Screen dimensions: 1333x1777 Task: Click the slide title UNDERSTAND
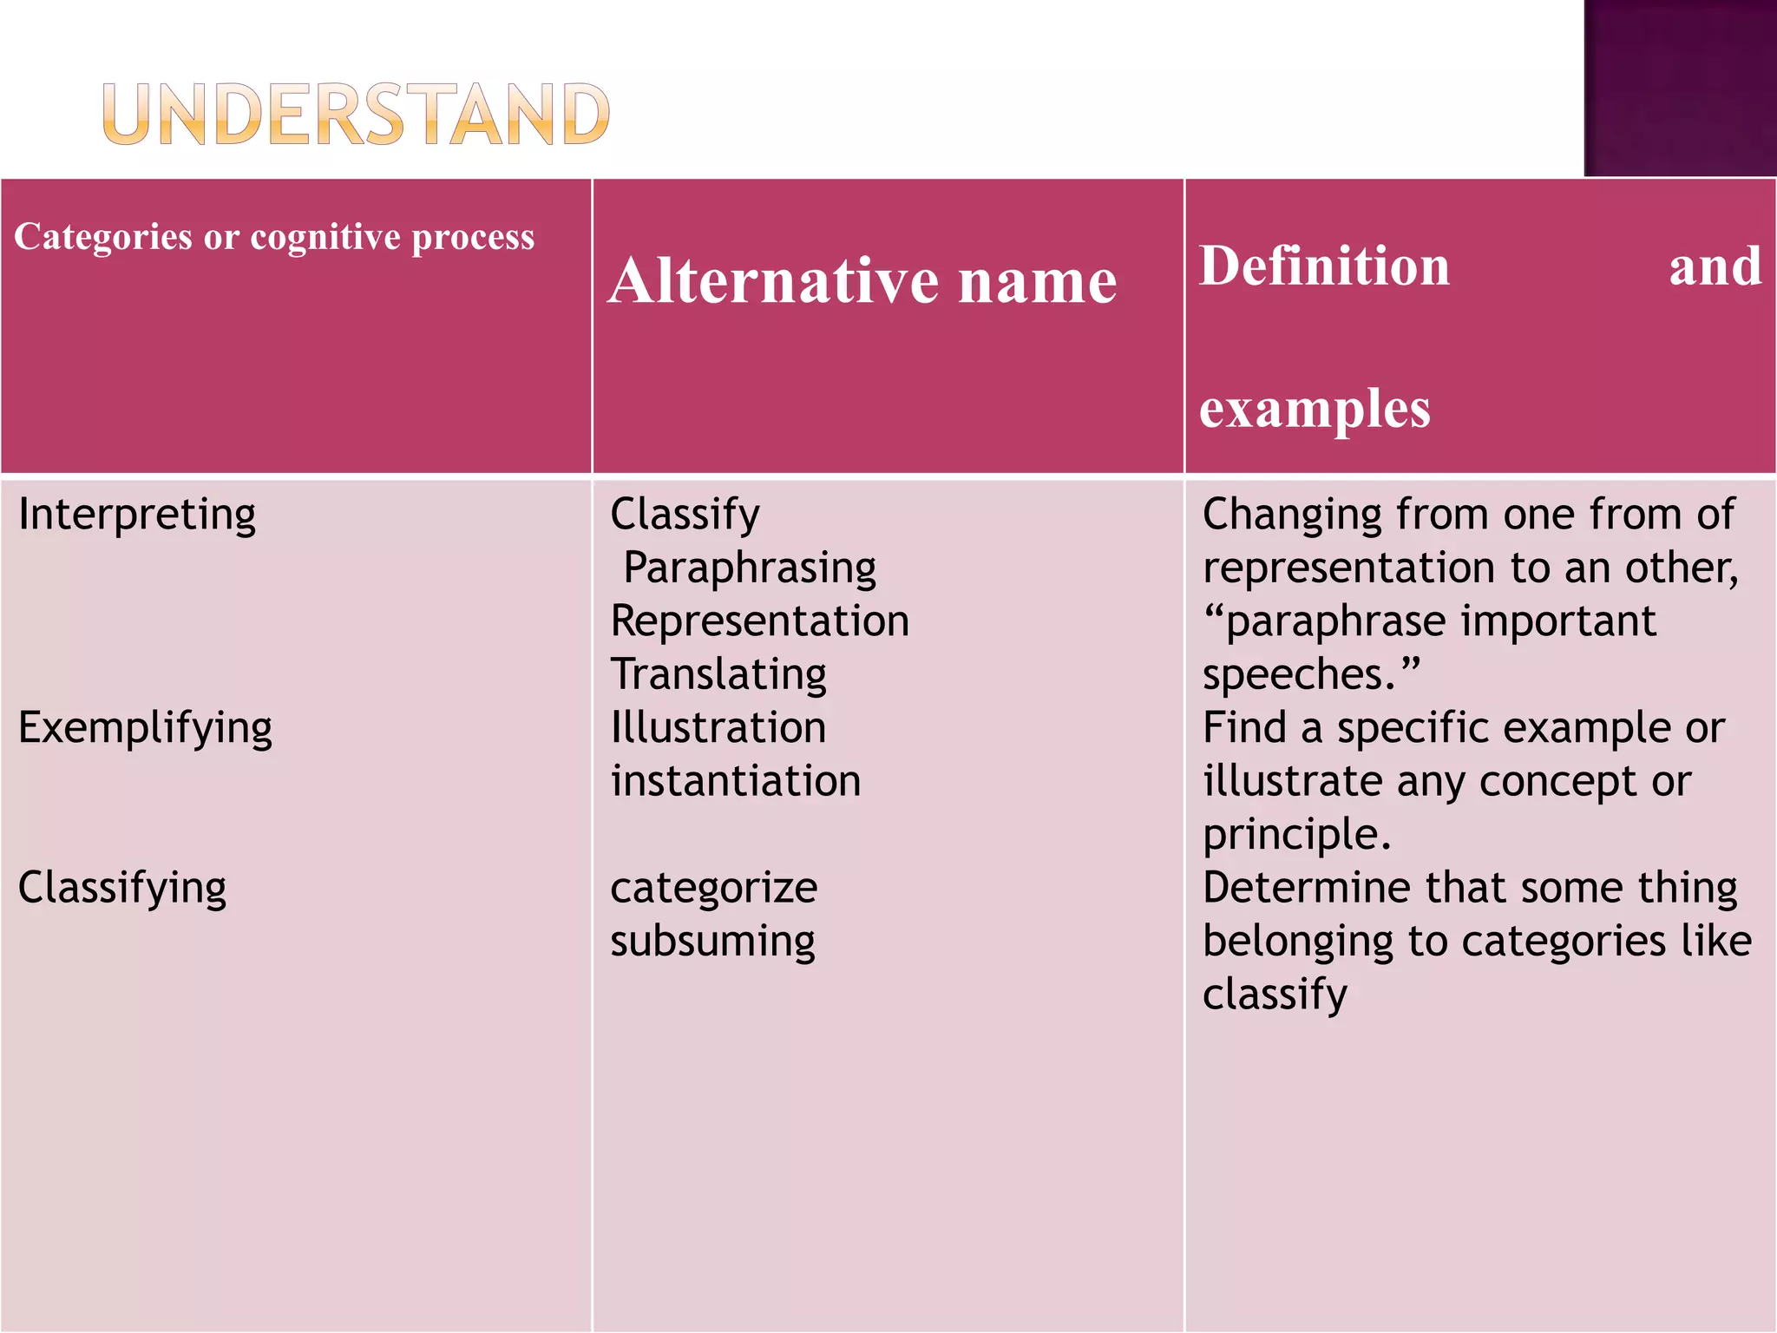pos(356,114)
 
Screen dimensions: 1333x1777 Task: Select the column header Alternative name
pos(862,281)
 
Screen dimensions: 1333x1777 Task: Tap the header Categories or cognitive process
pos(274,237)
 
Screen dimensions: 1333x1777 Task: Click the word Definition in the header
pos(1324,266)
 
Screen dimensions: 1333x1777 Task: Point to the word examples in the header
pos(1315,408)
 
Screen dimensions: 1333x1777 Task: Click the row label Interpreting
pos(137,515)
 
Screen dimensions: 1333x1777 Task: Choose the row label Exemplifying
pos(145,728)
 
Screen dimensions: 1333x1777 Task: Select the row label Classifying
pos(122,888)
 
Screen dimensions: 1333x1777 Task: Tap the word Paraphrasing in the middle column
pos(750,568)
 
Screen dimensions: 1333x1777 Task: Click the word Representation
pos(759,621)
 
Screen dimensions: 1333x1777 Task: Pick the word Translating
pos(718,675)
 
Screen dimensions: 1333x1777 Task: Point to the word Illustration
pos(718,728)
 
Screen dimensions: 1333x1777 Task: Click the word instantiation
pos(735,781)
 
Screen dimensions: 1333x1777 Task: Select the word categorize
pos(713,888)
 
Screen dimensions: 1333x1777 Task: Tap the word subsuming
pos(712,942)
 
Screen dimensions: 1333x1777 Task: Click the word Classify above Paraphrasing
pos(685,515)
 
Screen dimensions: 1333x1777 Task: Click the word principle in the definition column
pos(1295,835)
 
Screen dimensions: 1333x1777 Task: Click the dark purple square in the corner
pos(1680,87)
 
